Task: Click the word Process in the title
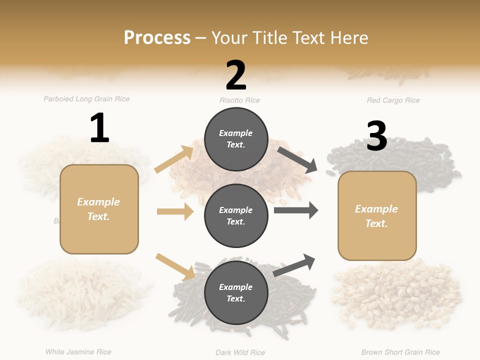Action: coord(157,38)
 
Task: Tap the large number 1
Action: coord(99,128)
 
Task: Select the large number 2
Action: coord(236,75)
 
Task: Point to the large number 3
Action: coord(376,136)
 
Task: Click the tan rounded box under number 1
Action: coord(99,209)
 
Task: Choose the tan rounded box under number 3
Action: coord(377,215)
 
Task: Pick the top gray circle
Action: coord(236,139)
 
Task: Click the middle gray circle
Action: coord(236,215)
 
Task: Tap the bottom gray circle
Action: coord(236,292)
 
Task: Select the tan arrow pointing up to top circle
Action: coord(174,159)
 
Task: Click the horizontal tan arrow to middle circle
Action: coord(175,211)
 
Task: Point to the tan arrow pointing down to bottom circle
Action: coord(175,266)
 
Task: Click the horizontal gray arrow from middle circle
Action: coord(295,210)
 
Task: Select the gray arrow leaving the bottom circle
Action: coord(294,265)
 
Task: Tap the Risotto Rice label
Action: coord(239,100)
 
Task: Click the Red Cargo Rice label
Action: coord(393,100)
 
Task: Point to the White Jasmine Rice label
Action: coord(78,352)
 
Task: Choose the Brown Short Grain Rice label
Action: coord(400,352)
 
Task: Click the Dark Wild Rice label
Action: coord(240,352)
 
